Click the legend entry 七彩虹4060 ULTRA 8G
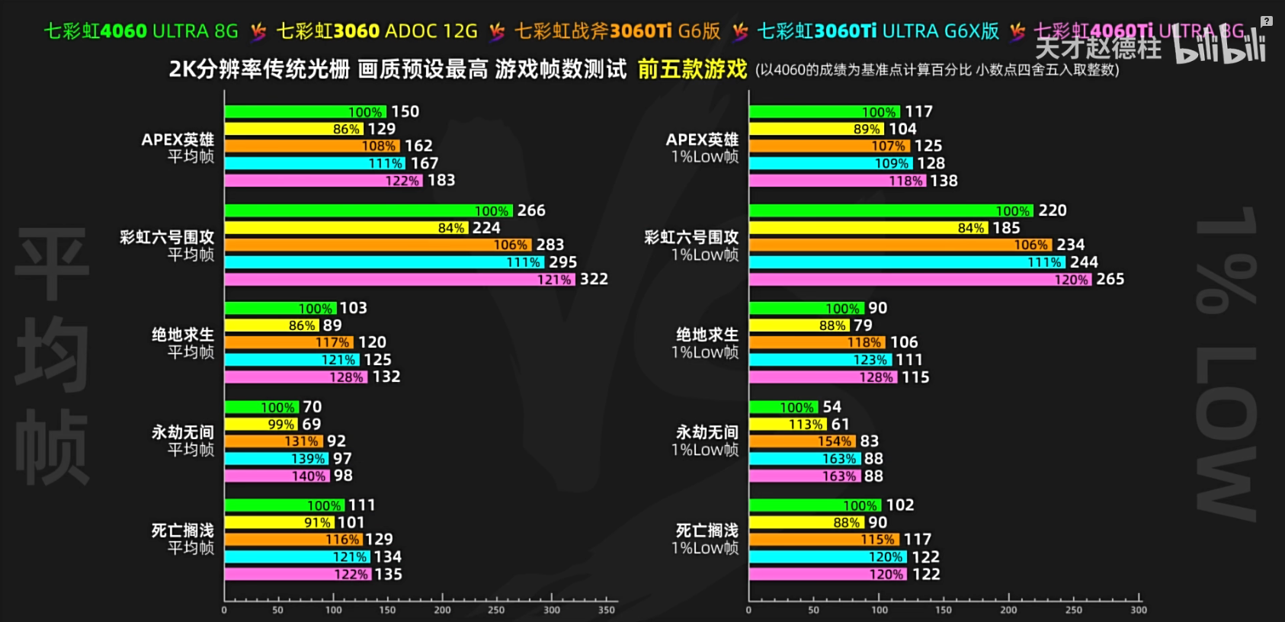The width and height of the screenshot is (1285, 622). tap(141, 31)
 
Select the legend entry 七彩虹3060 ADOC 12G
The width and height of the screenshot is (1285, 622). tap(377, 31)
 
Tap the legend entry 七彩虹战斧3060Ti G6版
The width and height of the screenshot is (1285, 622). tap(617, 31)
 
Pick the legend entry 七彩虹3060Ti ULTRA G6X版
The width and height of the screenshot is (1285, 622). tap(878, 31)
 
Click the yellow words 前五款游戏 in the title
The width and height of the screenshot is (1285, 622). tap(692, 69)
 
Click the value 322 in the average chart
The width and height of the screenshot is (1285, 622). tap(594, 279)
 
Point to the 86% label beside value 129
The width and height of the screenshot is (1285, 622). tap(346, 130)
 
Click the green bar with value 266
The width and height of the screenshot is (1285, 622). tap(368, 210)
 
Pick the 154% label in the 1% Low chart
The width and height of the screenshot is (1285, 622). tap(835, 441)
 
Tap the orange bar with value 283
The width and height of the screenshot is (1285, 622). tap(377, 245)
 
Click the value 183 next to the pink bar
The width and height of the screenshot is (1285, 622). tap(441, 180)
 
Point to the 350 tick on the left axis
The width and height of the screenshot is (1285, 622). tap(607, 610)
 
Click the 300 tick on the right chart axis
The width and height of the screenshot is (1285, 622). tap(1139, 610)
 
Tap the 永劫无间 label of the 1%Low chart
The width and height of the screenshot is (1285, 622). tap(707, 432)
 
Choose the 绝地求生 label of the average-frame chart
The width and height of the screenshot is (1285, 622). tap(183, 335)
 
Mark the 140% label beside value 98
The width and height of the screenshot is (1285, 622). tap(309, 476)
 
